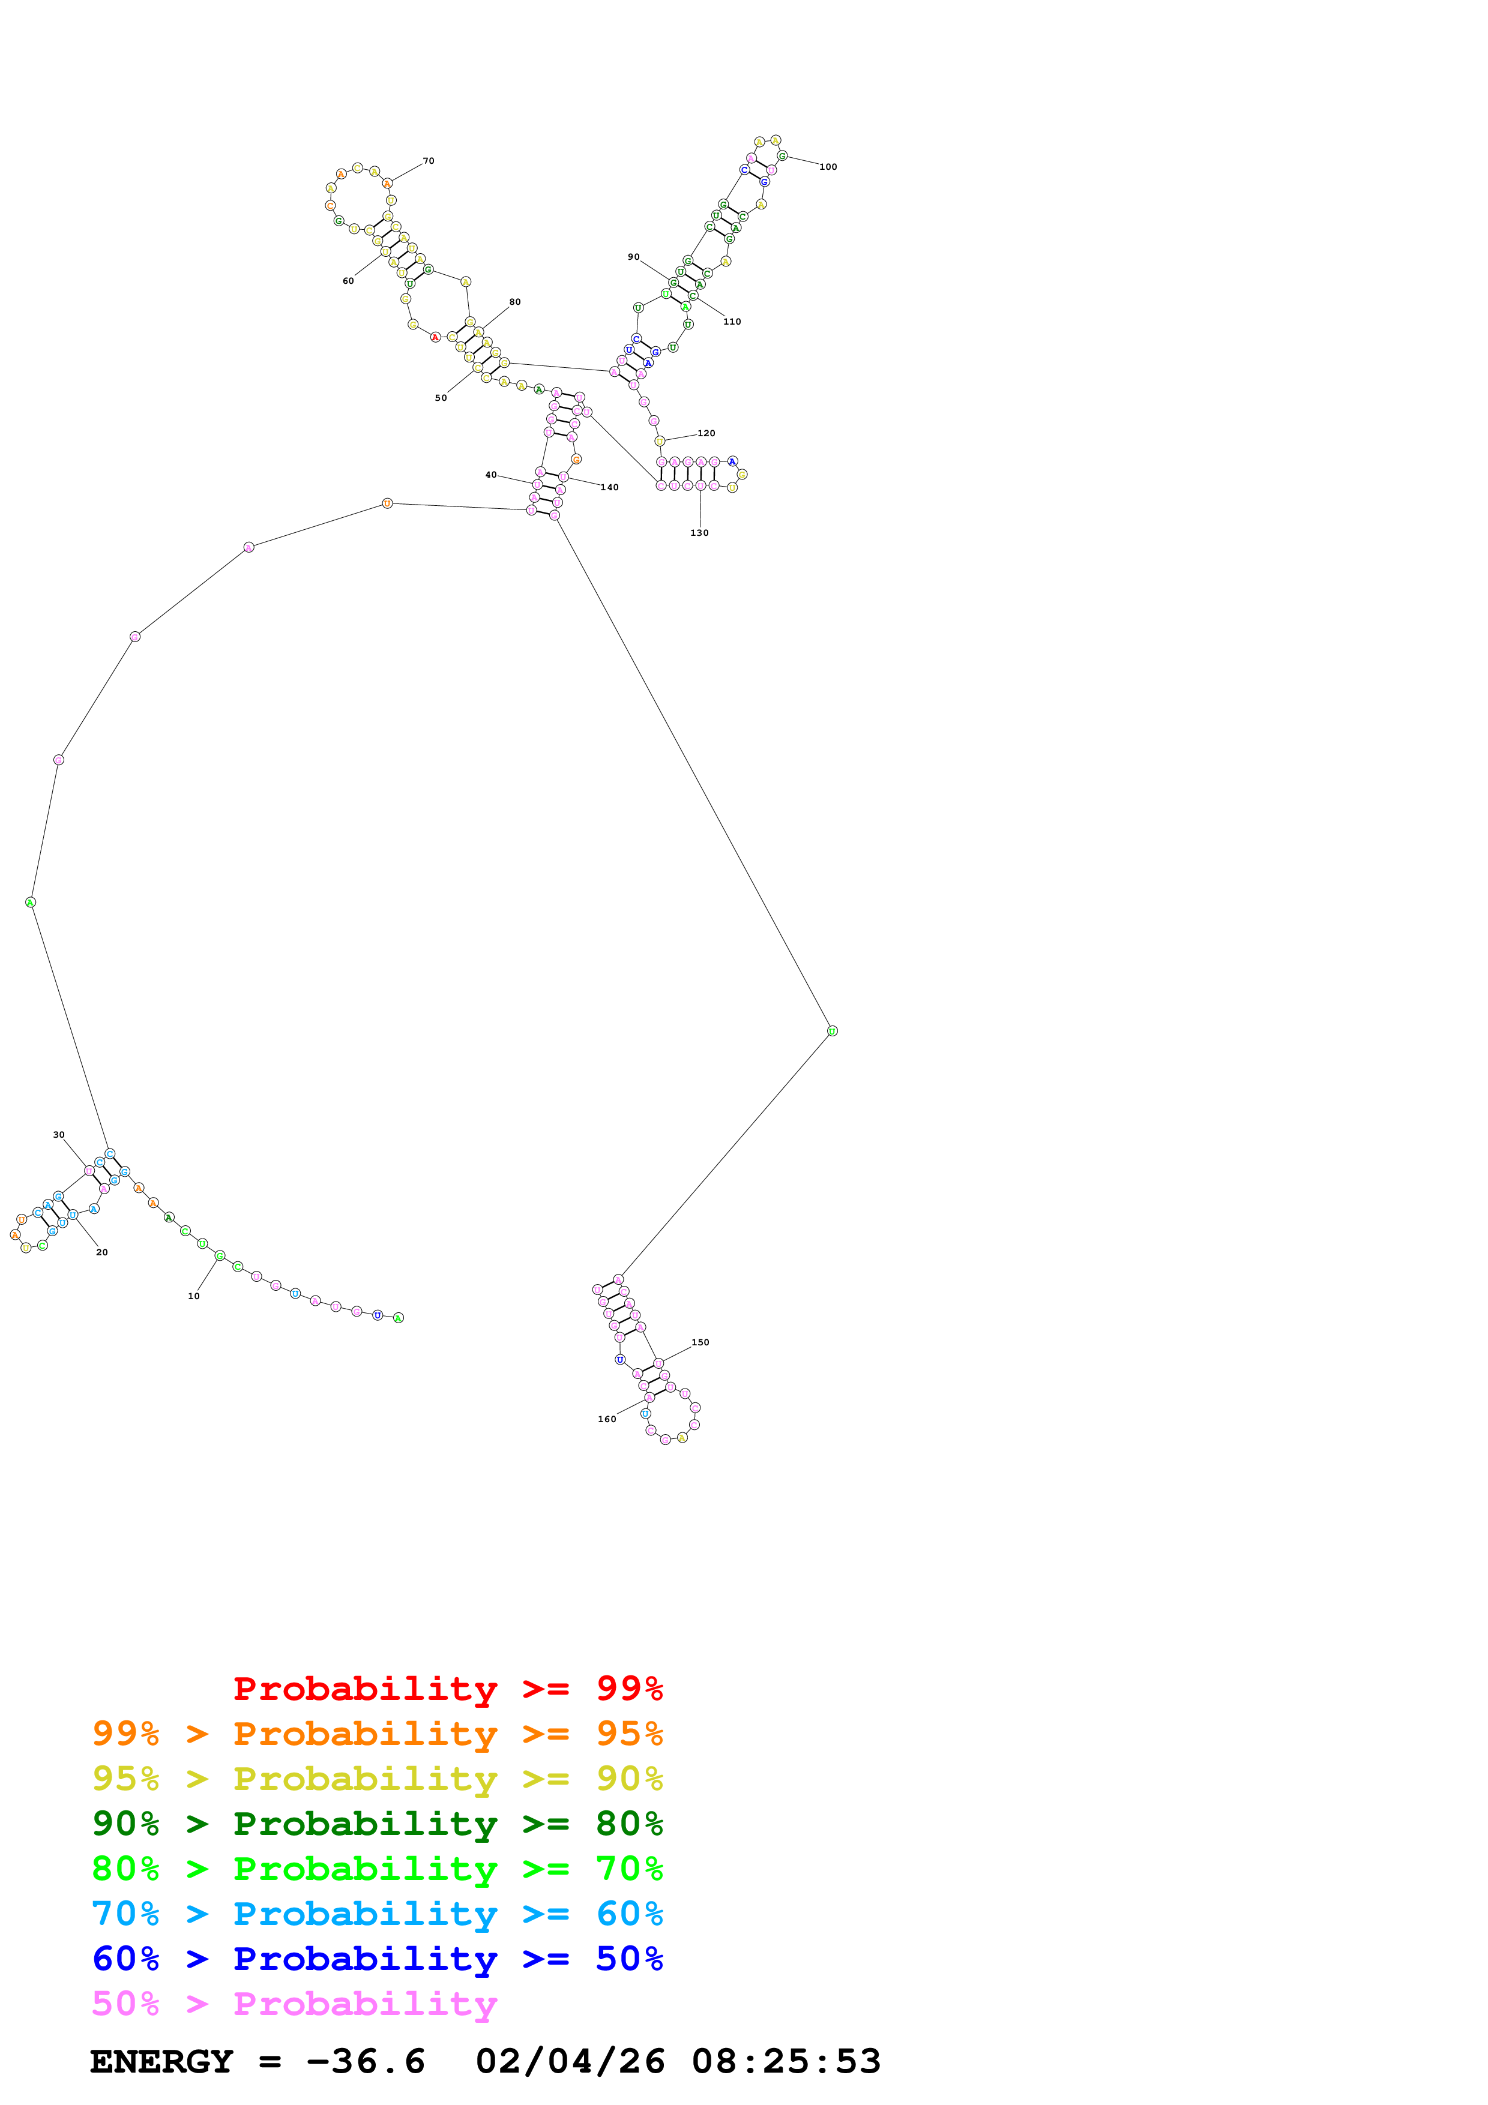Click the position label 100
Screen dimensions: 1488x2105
coord(827,167)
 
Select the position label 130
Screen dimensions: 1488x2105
coord(699,533)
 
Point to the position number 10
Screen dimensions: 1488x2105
coord(193,1296)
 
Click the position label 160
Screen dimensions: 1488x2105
coord(606,1419)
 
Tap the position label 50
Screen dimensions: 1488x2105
coord(441,398)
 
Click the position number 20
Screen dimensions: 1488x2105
coord(102,1252)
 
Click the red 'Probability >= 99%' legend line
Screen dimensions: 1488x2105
coord(447,1689)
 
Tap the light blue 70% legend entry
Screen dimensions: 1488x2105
coord(377,1914)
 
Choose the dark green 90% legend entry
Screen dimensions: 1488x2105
coord(377,1824)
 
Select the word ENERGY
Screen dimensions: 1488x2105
coord(161,2062)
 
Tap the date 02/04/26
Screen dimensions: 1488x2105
coord(570,2062)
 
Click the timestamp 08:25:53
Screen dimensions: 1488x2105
coord(786,2062)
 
